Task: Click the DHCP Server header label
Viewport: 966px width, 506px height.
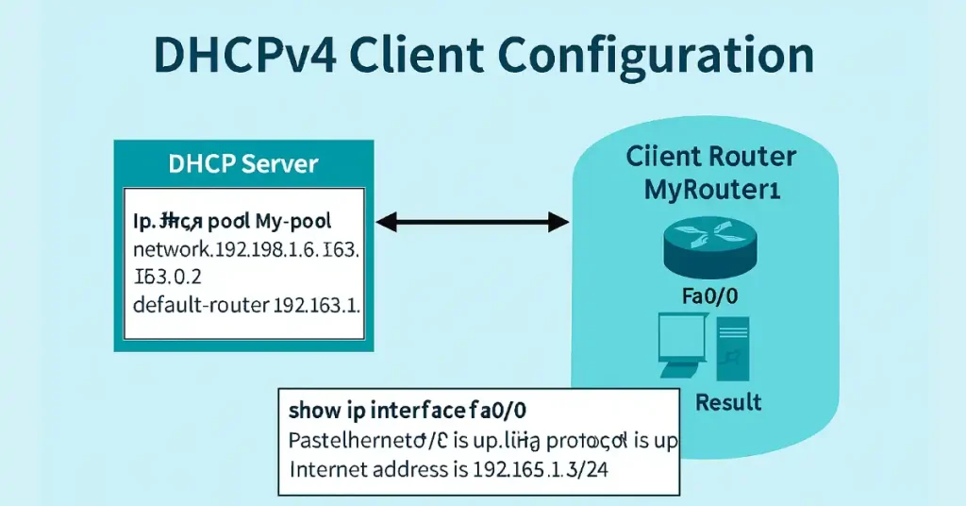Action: (242, 163)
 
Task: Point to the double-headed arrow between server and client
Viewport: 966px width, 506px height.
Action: (473, 223)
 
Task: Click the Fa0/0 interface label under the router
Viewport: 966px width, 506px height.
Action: (708, 297)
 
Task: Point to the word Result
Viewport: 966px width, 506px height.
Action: (727, 403)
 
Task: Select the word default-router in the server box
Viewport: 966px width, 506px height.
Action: (201, 306)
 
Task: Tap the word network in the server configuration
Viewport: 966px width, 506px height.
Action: (170, 252)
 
